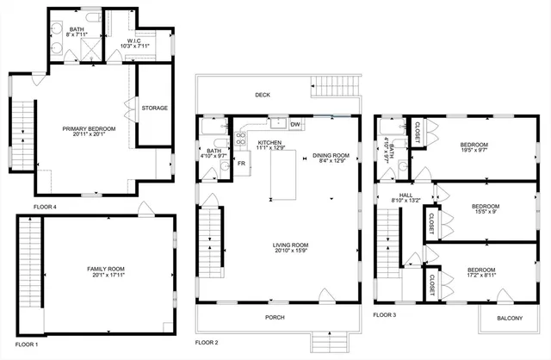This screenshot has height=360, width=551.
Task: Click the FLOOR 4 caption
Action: (45, 207)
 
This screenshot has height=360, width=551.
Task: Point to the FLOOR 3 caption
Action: (384, 315)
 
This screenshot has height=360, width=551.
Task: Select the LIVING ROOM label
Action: (290, 247)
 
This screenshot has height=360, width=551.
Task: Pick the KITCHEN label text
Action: (269, 144)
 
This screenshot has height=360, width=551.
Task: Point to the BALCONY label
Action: (510, 319)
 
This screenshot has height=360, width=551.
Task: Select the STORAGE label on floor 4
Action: (155, 108)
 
